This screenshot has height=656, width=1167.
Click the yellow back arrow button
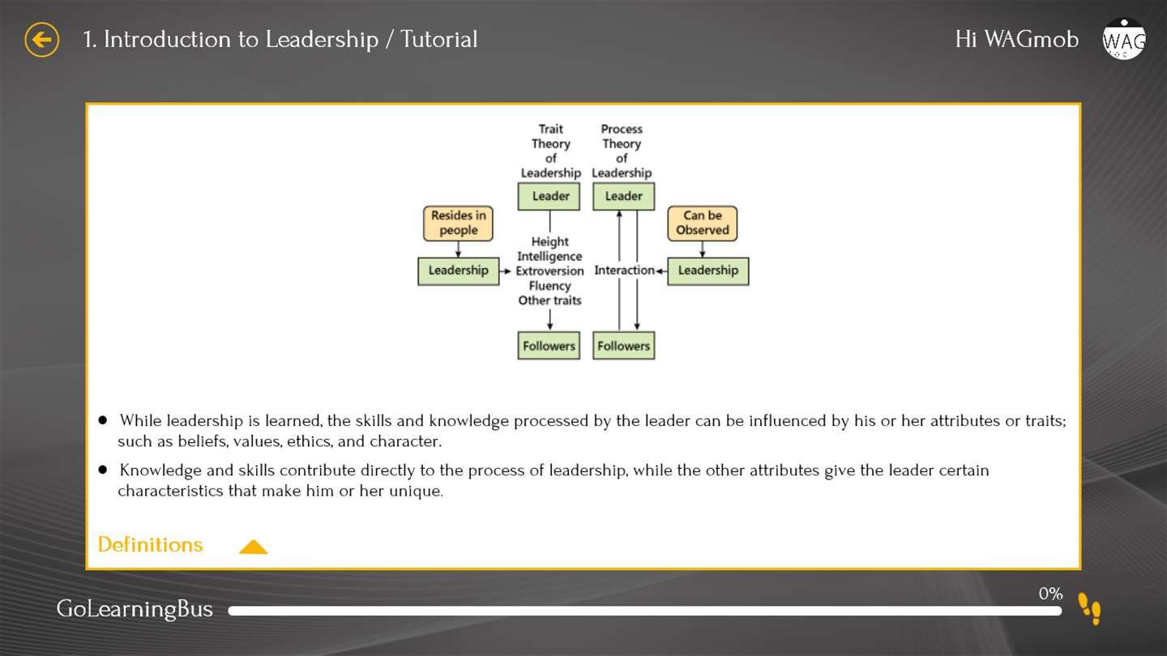(x=41, y=40)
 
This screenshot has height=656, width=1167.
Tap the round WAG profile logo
(x=1124, y=39)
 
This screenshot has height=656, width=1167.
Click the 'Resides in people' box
(x=458, y=224)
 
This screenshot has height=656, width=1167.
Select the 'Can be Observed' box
(x=703, y=224)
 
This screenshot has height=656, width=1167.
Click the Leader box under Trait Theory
(x=549, y=196)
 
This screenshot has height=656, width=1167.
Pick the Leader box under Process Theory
(x=624, y=196)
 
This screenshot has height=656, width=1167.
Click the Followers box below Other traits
(x=549, y=346)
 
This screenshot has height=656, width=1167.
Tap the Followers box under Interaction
(x=624, y=346)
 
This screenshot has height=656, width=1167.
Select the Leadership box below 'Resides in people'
(x=459, y=271)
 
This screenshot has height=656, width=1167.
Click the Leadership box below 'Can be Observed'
(x=708, y=271)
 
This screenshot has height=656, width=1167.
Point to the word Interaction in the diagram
(x=624, y=270)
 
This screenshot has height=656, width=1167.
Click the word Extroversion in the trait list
(x=549, y=271)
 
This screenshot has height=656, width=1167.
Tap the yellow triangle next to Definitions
(x=253, y=547)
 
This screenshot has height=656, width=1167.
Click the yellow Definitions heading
(x=150, y=544)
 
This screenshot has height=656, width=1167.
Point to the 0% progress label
(x=1050, y=594)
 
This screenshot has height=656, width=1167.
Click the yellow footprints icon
(x=1089, y=608)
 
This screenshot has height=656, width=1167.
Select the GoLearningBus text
(x=135, y=609)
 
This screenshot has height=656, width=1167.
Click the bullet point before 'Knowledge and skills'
(x=103, y=470)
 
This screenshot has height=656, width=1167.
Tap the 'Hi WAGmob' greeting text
(x=1017, y=40)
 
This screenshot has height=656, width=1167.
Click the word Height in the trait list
(x=549, y=242)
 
